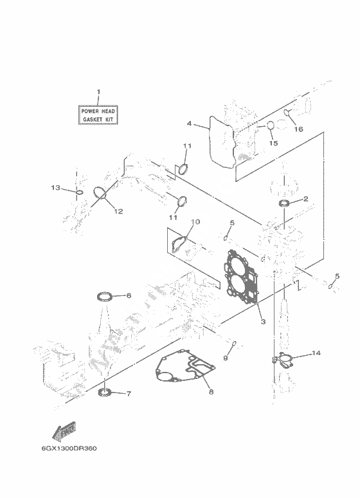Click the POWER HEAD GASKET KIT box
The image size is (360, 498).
click(x=98, y=115)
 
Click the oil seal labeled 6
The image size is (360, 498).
click(x=104, y=297)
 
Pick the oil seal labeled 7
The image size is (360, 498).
click(x=104, y=392)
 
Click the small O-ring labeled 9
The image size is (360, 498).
click(x=235, y=343)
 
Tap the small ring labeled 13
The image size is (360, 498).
click(x=79, y=192)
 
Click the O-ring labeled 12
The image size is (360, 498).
click(x=100, y=194)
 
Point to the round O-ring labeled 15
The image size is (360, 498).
click(x=270, y=125)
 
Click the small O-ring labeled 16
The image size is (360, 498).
click(x=287, y=113)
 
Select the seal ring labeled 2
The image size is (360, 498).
click(x=283, y=203)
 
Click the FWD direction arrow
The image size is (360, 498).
click(x=64, y=432)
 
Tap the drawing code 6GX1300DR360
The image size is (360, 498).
click(x=69, y=448)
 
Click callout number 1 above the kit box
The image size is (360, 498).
click(x=98, y=92)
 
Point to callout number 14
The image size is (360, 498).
click(x=316, y=353)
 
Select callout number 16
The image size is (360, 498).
click(x=298, y=129)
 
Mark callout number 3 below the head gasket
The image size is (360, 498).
click(x=263, y=322)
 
